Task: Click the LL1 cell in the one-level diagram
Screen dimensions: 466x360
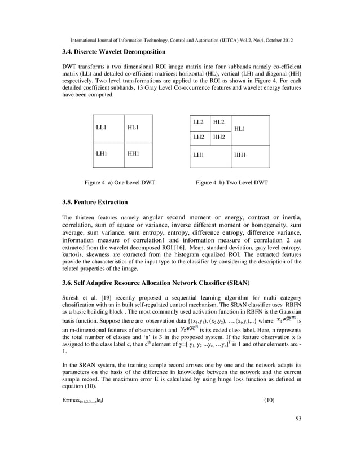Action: [102, 128]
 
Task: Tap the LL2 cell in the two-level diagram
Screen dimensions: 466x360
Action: [198, 122]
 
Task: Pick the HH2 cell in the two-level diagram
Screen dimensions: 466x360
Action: [219, 137]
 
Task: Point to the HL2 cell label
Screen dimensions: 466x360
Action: [219, 122]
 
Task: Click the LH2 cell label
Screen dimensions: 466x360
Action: [198, 137]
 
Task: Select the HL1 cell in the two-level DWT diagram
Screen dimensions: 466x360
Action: [240, 129]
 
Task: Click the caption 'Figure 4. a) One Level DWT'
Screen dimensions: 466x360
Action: [120, 183]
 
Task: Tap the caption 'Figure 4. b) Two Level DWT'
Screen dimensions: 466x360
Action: [231, 183]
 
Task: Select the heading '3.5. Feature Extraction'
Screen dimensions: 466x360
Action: [95, 202]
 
